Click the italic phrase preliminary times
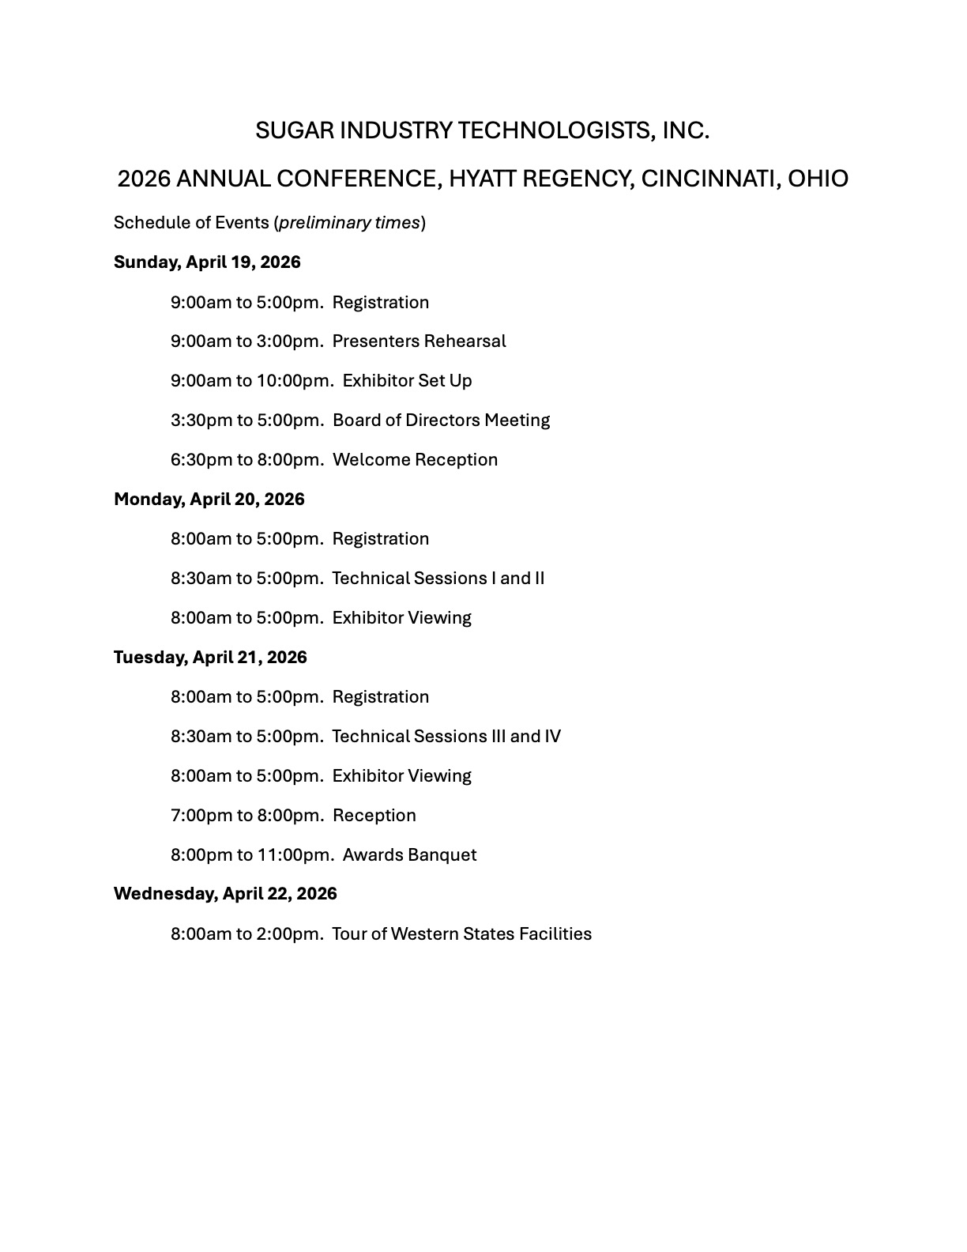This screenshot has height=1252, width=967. click(349, 223)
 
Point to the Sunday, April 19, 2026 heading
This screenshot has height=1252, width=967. click(207, 262)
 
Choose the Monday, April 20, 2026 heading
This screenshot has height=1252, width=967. click(209, 500)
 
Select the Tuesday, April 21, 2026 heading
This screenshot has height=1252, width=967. click(210, 658)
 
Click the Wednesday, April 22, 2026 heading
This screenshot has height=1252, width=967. click(225, 894)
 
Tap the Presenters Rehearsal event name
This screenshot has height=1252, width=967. click(419, 341)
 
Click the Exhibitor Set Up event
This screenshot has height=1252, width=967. click(407, 381)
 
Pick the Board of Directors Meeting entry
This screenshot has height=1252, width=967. click(441, 420)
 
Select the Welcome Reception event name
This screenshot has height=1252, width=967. click(415, 460)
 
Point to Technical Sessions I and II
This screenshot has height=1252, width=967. click(438, 579)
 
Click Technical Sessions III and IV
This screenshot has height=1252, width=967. click(446, 737)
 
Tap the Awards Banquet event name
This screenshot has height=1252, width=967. click(409, 855)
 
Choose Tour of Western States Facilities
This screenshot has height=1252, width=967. click(461, 934)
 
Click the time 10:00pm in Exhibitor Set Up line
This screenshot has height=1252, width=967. click(294, 381)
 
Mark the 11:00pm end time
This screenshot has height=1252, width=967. click(294, 855)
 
